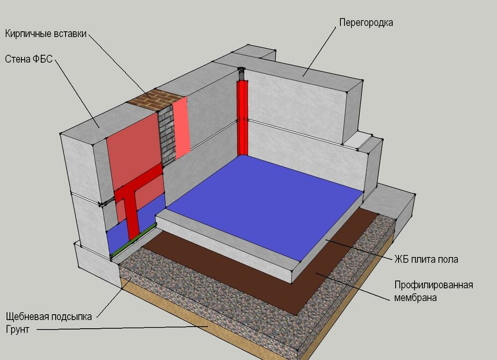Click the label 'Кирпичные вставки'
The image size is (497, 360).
[46, 34]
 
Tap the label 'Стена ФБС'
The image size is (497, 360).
[28, 59]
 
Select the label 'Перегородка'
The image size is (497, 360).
[366, 22]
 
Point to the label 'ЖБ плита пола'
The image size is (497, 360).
[426, 259]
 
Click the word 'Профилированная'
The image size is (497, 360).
[433, 285]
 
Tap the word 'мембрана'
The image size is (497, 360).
[415, 298]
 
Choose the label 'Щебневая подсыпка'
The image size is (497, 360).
[49, 317]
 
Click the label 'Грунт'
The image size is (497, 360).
[17, 329]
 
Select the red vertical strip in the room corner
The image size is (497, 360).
[243, 117]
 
